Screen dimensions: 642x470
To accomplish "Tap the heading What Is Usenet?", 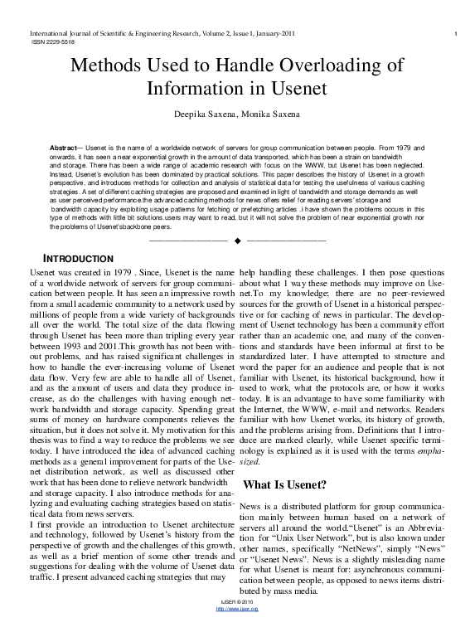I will tap(284, 484).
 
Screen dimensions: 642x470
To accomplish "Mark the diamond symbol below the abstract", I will tap(237, 241).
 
